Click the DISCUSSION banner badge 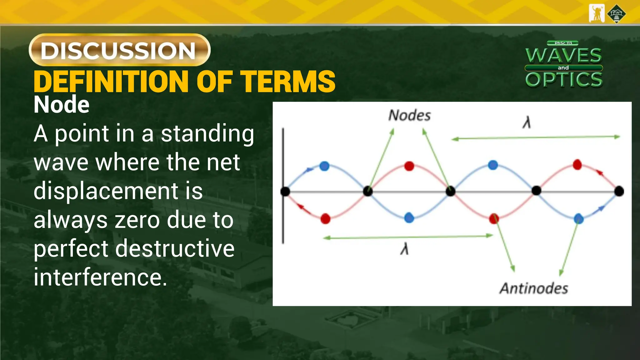pos(119,50)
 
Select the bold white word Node pos(62,105)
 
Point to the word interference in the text pos(100,277)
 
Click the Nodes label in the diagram pos(409,115)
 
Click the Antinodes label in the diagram pos(534,288)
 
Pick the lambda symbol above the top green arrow pos(527,122)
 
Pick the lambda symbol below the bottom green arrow pos(404,249)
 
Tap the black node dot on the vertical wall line pos(285,191)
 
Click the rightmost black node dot pos(619,191)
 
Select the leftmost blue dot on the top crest pos(325,166)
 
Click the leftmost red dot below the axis pos(325,219)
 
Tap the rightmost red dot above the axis pos(577,165)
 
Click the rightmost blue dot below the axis pos(579,218)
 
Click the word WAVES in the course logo pos(563,56)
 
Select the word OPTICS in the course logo pos(564,80)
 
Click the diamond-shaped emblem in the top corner pos(616,14)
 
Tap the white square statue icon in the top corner pos(597,13)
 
